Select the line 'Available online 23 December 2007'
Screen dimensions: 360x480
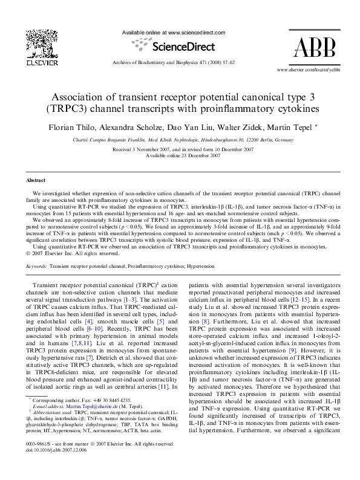pyautogui.click(x=180, y=155)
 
